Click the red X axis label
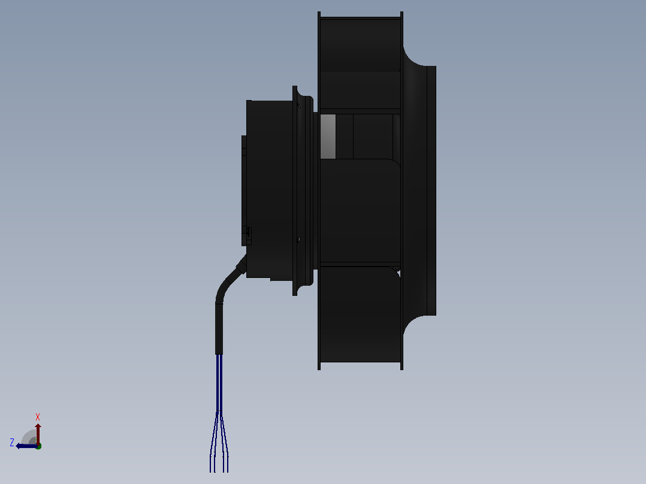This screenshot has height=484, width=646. (x=38, y=417)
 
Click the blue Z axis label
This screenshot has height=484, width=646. (x=12, y=443)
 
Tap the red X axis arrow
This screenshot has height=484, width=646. (x=38, y=433)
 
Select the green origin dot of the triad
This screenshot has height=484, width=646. (x=39, y=446)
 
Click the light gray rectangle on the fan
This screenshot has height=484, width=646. (x=328, y=137)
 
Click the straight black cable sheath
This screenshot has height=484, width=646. (x=219, y=329)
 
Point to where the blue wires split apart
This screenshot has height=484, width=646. (x=219, y=412)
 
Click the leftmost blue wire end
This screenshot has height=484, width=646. (x=210, y=470)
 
